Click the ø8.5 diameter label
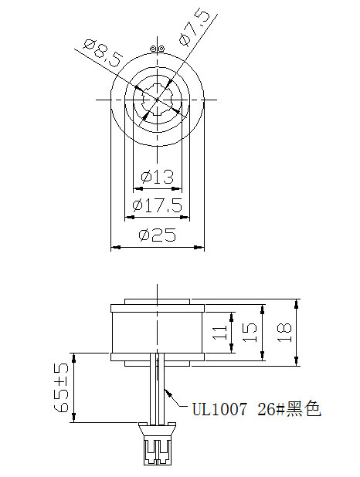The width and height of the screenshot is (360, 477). (x=100, y=55)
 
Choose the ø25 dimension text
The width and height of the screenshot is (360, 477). (x=157, y=237)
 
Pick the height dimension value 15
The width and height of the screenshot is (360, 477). (x=250, y=332)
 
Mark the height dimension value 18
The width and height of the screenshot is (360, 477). (x=284, y=332)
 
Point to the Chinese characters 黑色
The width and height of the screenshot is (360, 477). (x=304, y=408)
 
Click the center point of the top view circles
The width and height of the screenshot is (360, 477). (x=158, y=100)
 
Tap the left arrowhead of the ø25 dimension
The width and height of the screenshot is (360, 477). (x=114, y=248)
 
